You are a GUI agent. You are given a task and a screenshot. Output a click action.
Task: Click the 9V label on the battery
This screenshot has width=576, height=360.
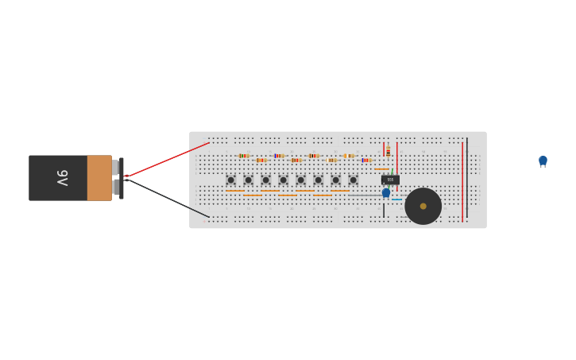pyautogui.click(x=62, y=178)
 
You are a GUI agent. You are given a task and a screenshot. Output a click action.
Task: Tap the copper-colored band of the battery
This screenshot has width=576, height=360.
pyautogui.click(x=99, y=178)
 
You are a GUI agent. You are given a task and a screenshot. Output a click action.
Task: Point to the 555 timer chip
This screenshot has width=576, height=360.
pyautogui.click(x=390, y=180)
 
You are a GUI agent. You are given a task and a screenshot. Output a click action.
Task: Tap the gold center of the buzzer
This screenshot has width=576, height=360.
pyautogui.click(x=423, y=206)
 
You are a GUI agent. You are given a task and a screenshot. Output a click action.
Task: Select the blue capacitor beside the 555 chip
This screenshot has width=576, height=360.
pyautogui.click(x=386, y=192)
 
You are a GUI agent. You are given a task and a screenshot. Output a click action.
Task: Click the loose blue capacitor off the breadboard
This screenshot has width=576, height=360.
pyautogui.click(x=543, y=161)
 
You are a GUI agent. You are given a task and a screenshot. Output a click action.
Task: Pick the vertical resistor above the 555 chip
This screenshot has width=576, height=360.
pyautogui.click(x=388, y=151)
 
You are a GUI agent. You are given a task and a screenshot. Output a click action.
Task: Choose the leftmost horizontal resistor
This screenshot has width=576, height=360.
pyautogui.click(x=243, y=156)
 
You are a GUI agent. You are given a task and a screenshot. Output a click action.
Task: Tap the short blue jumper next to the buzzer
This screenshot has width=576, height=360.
pyautogui.click(x=396, y=199)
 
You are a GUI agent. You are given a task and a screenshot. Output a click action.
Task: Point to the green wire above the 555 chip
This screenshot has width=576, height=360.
pyautogui.click(x=392, y=171)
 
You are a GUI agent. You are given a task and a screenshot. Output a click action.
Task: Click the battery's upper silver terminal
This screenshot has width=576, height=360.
pyautogui.click(x=115, y=167)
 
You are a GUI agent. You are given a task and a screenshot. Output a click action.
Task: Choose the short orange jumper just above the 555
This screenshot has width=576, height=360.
pyautogui.click(x=382, y=168)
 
